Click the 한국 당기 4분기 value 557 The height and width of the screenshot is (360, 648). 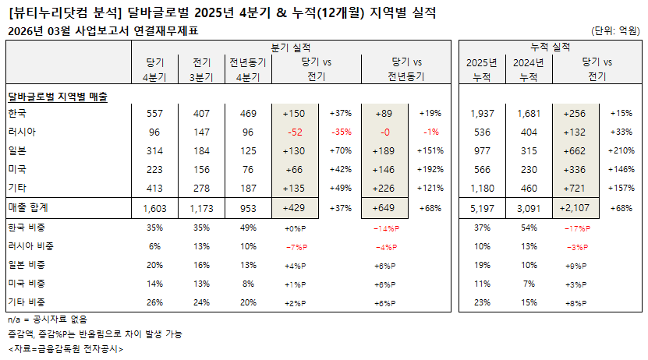click(154, 114)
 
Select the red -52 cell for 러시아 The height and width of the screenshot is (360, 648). click(294, 132)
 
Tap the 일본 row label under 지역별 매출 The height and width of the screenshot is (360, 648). click(17, 151)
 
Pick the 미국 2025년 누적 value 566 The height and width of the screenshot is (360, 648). click(482, 170)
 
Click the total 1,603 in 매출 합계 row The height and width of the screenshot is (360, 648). click(154, 208)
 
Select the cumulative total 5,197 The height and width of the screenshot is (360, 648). click(482, 208)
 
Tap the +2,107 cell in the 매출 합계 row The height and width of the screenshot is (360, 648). click(577, 208)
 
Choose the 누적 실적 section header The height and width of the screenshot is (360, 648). click(550, 47)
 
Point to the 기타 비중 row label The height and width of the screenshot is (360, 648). click(27, 302)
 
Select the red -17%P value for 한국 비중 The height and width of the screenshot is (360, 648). click(577, 228)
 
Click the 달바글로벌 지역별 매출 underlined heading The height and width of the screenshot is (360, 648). click(57, 96)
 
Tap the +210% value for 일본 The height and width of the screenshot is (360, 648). click(622, 151)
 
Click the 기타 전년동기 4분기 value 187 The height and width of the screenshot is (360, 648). click(247, 189)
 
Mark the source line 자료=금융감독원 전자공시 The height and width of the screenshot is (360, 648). click(66, 348)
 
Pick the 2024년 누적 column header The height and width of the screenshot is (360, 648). click(529, 69)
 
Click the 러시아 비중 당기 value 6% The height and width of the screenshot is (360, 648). click(154, 246)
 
